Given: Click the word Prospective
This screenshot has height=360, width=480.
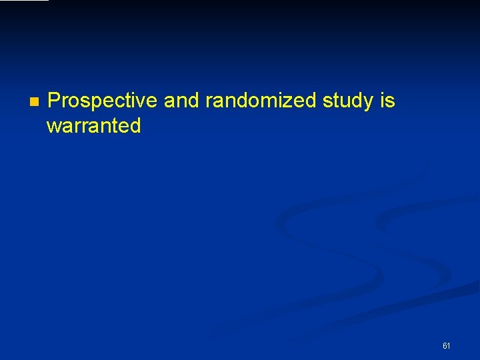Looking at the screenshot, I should [x=103, y=101].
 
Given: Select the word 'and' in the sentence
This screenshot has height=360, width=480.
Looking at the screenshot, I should [x=181, y=101].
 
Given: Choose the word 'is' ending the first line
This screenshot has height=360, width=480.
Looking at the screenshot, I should [x=388, y=101].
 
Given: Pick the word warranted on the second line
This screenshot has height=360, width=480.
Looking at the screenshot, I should [x=93, y=126].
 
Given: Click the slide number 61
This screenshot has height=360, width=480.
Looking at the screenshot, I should [x=446, y=346].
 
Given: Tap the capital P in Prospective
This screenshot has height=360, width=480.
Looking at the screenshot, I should [x=55, y=101].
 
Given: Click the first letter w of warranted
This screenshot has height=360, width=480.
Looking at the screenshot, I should [x=53, y=127].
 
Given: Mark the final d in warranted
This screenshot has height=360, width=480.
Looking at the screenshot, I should [x=135, y=126].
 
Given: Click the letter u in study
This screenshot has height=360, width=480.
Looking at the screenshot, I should [x=347, y=102].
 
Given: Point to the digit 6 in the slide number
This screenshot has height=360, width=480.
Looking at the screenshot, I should [x=444, y=346].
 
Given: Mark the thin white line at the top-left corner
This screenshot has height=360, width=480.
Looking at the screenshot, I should [x=24, y=1].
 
